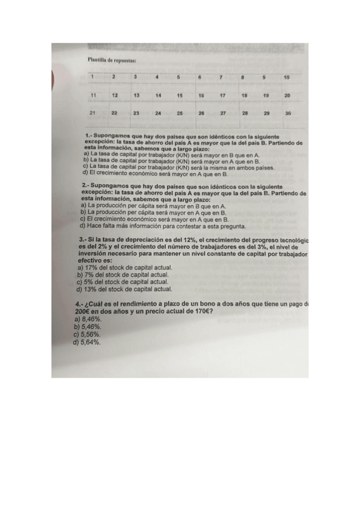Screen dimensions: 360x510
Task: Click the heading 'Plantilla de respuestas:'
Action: (x=112, y=60)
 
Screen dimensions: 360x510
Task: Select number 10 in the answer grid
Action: (x=286, y=78)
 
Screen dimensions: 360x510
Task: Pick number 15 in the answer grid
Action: (x=179, y=96)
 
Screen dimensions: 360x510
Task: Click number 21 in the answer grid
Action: (x=93, y=113)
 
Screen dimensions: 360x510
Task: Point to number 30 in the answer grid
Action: (x=288, y=113)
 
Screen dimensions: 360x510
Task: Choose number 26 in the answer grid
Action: (x=201, y=113)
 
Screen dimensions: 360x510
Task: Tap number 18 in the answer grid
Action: (x=244, y=96)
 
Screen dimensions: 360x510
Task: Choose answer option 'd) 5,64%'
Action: (x=87, y=342)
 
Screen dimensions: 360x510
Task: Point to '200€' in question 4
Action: (x=82, y=313)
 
